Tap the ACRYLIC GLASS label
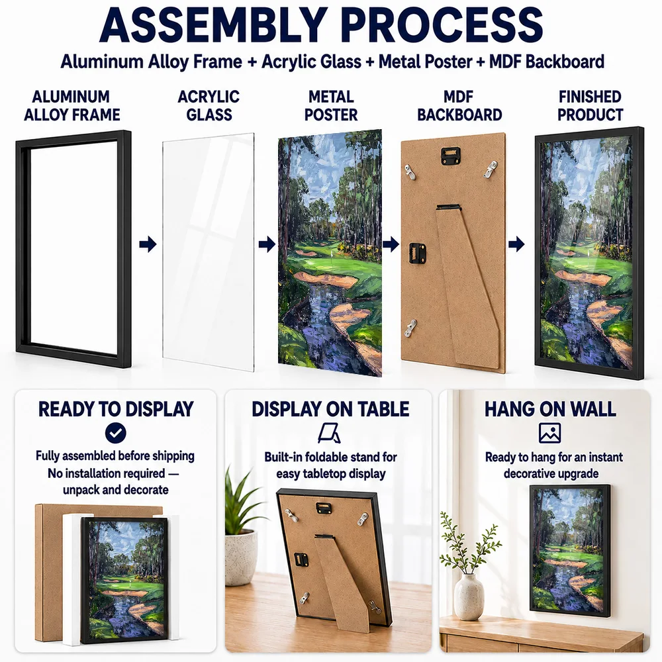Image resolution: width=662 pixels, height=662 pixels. pyautogui.click(x=209, y=105)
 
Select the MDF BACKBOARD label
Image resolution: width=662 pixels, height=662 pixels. pyautogui.click(x=459, y=105)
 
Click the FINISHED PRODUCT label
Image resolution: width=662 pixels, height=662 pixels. pyautogui.click(x=590, y=105)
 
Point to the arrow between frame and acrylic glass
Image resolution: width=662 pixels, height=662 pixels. pyautogui.click(x=148, y=244)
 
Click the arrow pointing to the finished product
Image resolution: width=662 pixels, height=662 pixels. pyautogui.click(x=516, y=244)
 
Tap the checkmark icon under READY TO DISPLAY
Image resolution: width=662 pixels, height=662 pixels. pyautogui.click(x=116, y=433)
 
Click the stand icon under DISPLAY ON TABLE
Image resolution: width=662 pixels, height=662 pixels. pyautogui.click(x=329, y=433)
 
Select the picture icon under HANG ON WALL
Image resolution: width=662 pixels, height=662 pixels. pyautogui.click(x=549, y=433)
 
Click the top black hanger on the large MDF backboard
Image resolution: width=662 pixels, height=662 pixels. pyautogui.click(x=450, y=156)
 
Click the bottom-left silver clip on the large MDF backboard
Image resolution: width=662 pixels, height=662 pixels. pyautogui.click(x=410, y=328)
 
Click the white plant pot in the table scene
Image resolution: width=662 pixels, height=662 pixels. pyautogui.click(x=241, y=557)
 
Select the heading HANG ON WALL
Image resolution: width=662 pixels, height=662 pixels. pyautogui.click(x=550, y=409)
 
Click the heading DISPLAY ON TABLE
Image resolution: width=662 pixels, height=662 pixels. pyautogui.click(x=330, y=409)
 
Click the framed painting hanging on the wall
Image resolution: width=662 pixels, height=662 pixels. pyautogui.click(x=570, y=551)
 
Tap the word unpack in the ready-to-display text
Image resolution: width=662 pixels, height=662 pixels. pyautogui.click(x=81, y=490)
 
